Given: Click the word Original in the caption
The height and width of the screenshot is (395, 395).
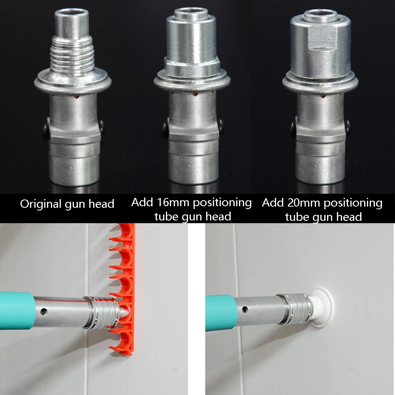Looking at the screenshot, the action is [41, 204].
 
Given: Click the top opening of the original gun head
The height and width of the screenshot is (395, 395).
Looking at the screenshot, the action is [72, 13].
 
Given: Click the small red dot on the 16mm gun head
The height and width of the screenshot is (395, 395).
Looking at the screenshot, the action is [195, 94].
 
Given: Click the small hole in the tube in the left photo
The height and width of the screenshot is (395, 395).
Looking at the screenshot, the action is [43, 312].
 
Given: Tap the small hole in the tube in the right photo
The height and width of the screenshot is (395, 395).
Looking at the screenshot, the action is [245, 309].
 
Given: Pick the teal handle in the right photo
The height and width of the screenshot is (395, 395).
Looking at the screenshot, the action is [221, 312].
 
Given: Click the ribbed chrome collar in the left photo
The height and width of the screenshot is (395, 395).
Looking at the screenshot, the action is [101, 312].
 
